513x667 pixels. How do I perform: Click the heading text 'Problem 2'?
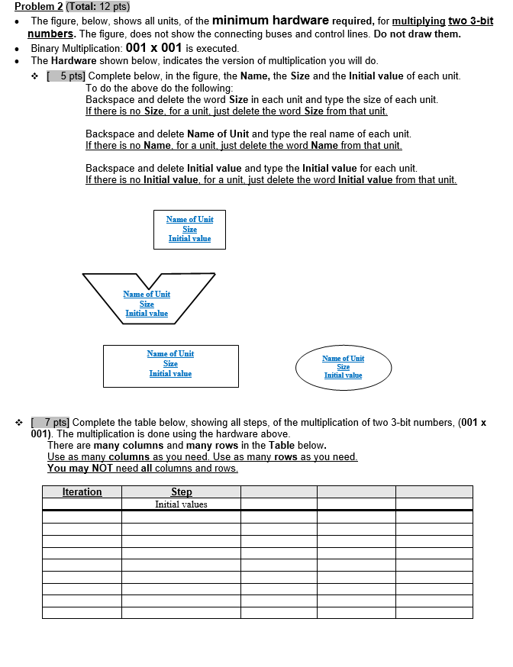(37, 7)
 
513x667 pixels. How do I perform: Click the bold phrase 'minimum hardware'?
(270, 20)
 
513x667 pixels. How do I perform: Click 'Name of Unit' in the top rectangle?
(189, 219)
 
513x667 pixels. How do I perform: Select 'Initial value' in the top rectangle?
(189, 239)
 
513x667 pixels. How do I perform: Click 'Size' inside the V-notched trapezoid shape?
(147, 304)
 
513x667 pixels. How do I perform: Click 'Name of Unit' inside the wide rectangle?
(170, 353)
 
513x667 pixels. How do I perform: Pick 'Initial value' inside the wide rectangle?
(170, 373)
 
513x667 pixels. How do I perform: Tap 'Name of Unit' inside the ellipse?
(343, 358)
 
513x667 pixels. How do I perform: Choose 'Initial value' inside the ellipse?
(343, 375)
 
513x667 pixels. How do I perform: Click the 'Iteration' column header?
(82, 492)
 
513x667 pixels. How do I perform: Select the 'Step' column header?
(181, 492)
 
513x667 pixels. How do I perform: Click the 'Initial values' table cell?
(181, 504)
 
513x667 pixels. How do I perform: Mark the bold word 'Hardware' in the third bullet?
(74, 61)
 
